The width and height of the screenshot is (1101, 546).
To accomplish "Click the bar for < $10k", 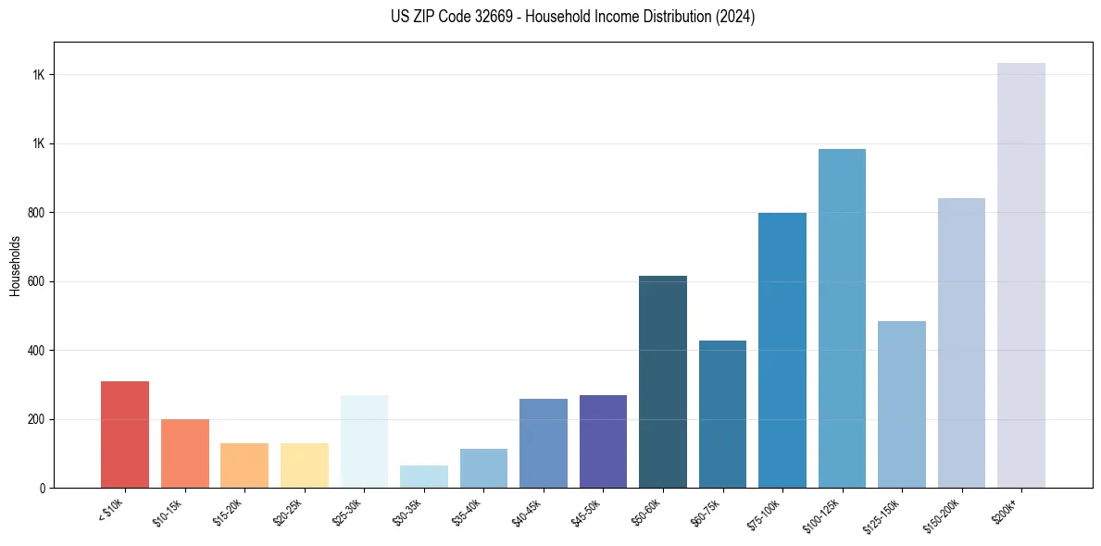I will point(125,434).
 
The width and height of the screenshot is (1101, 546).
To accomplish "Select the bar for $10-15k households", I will point(184,453).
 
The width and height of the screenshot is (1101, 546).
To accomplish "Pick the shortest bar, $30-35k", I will point(424,477).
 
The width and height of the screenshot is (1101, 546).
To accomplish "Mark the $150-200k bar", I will point(961,342).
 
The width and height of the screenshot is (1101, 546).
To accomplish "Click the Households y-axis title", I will point(15,266).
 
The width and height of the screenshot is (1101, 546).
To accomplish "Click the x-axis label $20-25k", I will point(289,512).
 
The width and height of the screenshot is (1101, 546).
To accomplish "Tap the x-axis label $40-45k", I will point(528,512).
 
